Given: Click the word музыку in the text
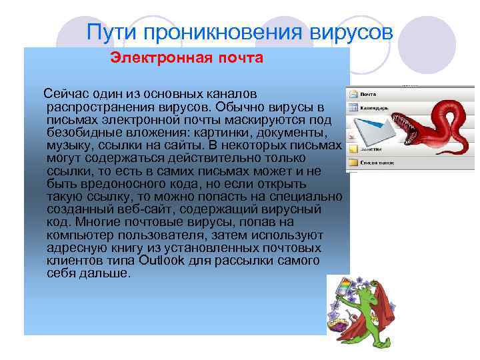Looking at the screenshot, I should point(70,145).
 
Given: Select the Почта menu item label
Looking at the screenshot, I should point(368,93).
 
